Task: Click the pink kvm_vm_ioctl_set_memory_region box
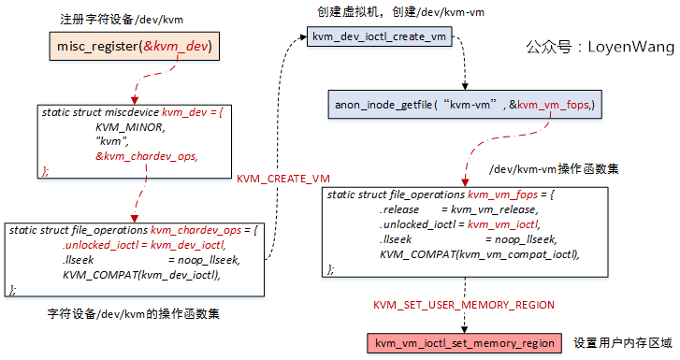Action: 466,343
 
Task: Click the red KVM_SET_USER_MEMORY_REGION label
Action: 464,305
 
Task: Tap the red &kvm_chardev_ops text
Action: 147,154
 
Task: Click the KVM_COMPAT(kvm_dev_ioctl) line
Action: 141,274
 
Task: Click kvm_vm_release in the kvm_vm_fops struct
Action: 485,210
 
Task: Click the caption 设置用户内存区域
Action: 621,343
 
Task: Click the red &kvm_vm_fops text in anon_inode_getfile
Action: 553,107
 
